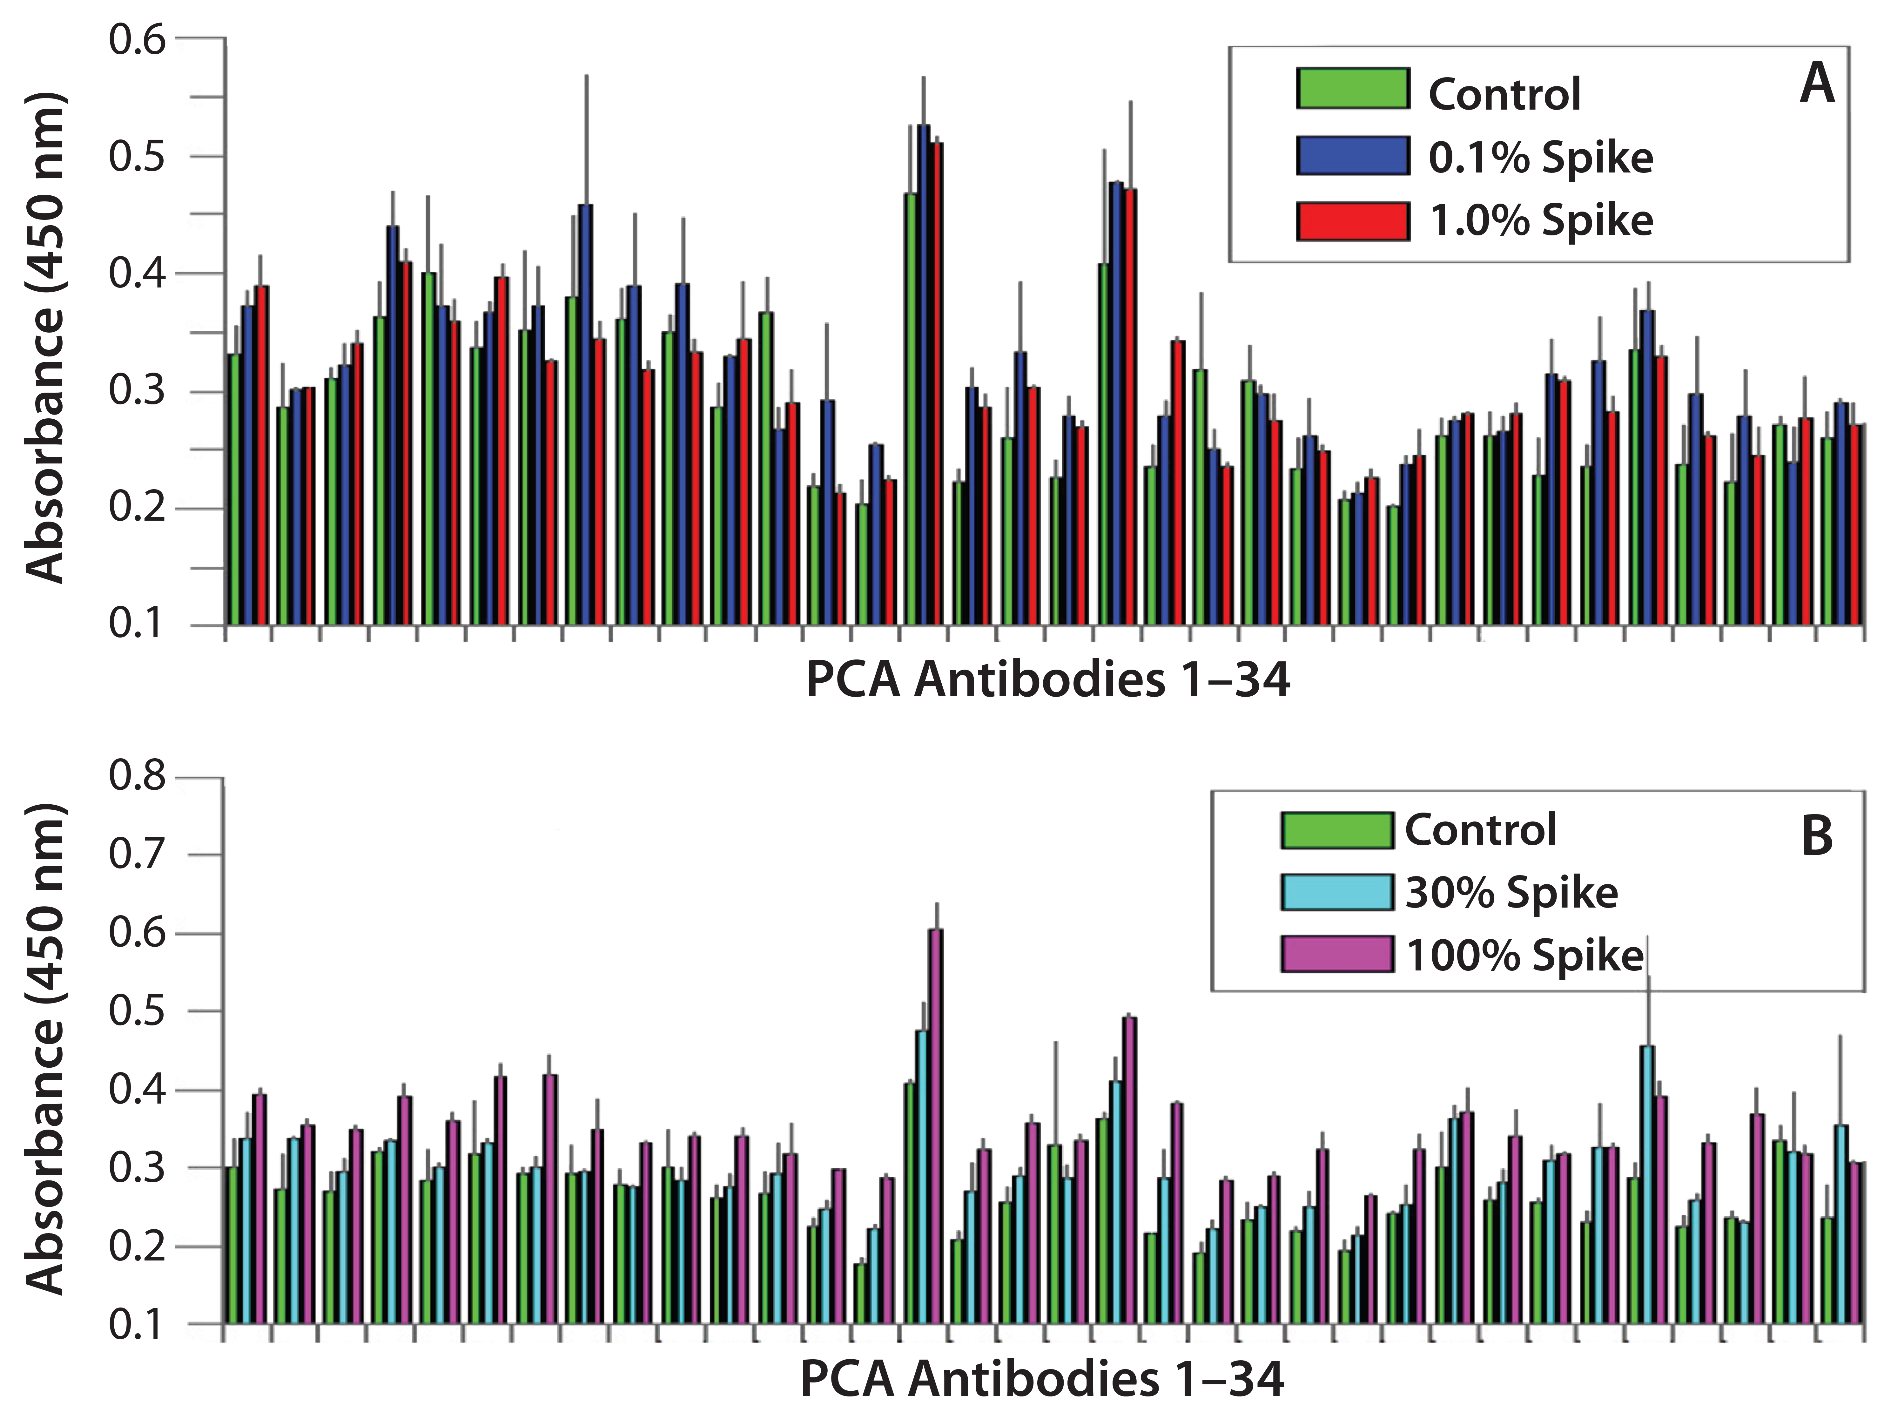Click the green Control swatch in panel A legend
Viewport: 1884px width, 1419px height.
[x=1353, y=89]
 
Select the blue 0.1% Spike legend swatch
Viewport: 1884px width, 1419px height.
[x=1353, y=155]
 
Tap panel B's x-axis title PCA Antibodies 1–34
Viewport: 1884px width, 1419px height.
[x=1042, y=1379]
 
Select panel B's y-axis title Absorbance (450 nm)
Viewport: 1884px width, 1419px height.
[x=44, y=1049]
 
